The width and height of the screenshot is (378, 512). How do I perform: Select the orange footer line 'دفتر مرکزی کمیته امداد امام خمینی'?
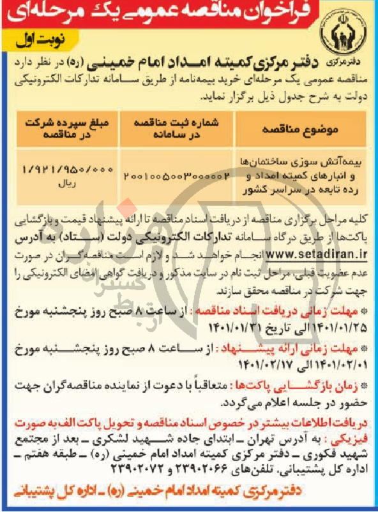192,494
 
